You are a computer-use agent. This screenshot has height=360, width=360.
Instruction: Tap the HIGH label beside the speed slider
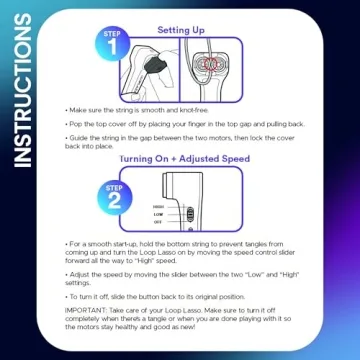(158, 202)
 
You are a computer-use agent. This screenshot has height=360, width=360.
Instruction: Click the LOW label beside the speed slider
(158, 212)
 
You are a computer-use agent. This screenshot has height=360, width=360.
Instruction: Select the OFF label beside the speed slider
(158, 222)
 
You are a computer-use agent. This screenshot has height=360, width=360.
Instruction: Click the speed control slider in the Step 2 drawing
(186, 211)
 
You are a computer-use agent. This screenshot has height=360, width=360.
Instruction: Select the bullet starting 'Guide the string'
(180, 141)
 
